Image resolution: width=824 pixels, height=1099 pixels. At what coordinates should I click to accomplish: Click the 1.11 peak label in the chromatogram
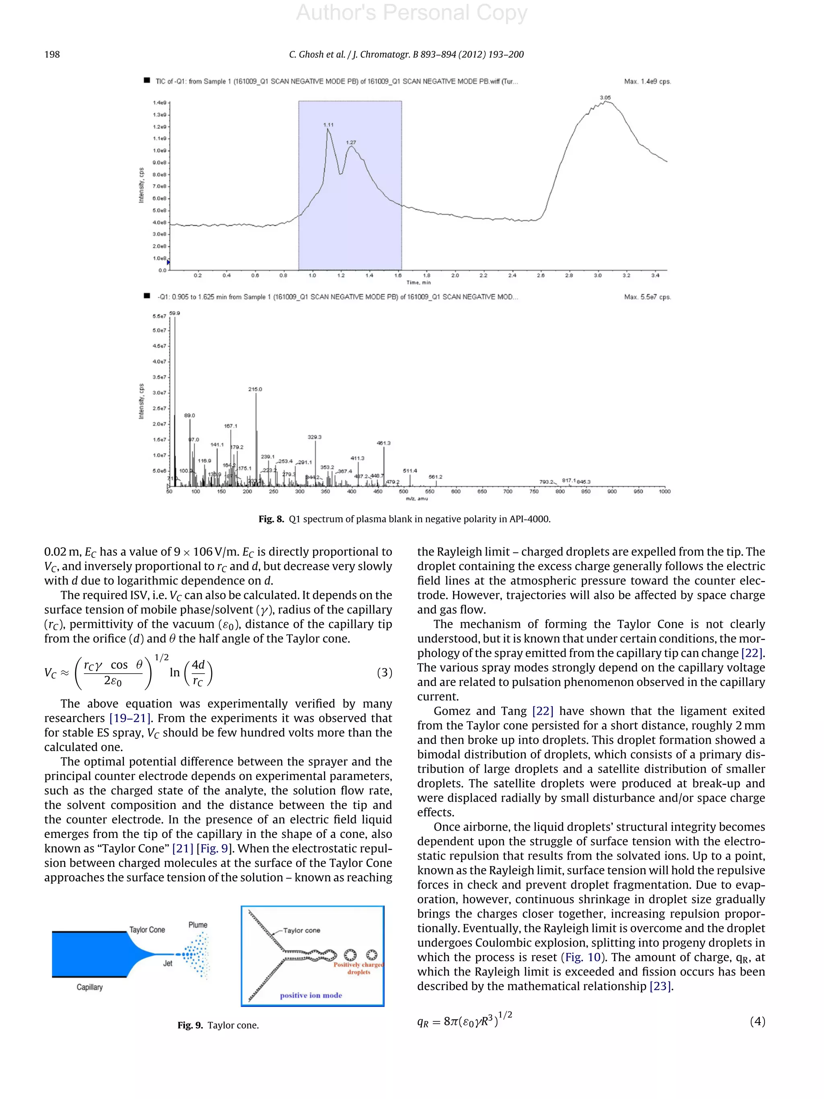[328, 125]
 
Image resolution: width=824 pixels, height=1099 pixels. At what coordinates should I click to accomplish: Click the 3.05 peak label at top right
[605, 98]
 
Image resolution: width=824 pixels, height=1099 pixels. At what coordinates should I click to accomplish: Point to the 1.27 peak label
[351, 142]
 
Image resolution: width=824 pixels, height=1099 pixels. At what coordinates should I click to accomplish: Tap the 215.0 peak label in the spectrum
[255, 389]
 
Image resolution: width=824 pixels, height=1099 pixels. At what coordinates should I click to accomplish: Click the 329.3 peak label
[314, 437]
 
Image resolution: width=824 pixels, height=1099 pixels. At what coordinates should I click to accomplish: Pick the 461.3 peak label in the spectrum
[383, 443]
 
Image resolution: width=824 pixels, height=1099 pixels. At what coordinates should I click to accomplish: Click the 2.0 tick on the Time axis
[455, 275]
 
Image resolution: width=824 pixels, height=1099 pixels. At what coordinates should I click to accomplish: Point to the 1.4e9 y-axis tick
[159, 103]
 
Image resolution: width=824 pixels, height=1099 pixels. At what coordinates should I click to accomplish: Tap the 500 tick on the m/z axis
[404, 491]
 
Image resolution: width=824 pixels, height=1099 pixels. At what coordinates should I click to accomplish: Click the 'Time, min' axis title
[419, 283]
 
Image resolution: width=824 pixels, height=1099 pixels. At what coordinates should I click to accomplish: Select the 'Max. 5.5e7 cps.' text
[647, 297]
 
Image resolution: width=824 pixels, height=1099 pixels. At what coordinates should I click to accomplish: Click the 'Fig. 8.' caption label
[271, 519]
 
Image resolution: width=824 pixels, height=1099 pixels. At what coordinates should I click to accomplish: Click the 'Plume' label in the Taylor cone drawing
[198, 925]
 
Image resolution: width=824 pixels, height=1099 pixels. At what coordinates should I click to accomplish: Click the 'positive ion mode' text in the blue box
[311, 995]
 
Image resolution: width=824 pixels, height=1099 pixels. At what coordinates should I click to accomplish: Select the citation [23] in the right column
[660, 986]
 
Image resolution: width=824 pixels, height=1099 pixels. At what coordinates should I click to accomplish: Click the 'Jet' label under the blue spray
[168, 963]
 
